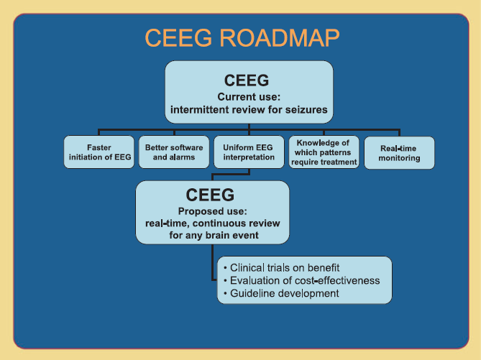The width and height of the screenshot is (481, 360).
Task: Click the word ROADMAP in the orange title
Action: (280, 37)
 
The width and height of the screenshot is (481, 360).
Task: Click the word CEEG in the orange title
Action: (178, 37)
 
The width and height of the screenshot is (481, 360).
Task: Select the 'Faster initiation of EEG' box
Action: (99, 152)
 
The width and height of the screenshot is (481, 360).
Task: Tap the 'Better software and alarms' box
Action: (174, 152)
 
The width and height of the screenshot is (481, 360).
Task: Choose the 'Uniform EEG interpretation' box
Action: (249, 152)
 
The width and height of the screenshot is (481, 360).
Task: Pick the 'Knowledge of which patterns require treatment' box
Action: (324, 152)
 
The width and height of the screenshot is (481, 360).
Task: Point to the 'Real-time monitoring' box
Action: (399, 153)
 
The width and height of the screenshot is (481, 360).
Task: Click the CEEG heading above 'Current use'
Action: (247, 80)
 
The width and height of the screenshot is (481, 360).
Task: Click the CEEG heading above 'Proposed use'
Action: (210, 195)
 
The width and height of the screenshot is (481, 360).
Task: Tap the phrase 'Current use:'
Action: (249, 97)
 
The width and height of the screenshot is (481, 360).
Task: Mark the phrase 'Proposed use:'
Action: (213, 211)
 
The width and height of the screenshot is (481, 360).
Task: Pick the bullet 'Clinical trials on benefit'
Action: (282, 268)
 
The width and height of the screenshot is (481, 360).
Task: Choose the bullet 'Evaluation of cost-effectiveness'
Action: (302, 280)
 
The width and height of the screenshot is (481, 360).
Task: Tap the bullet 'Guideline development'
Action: (281, 293)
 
